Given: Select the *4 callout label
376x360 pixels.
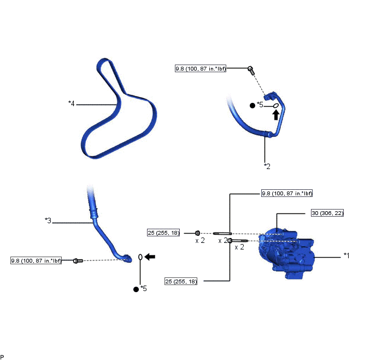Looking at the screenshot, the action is pyautogui.click(x=71, y=103).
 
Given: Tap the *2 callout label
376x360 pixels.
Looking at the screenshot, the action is pyautogui.click(x=267, y=166).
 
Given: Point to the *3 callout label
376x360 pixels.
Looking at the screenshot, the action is pyautogui.click(x=48, y=220).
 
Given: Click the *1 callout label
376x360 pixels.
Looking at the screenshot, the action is pyautogui.click(x=346, y=256).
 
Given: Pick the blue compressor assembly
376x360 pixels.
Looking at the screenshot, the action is pyautogui.click(x=286, y=253).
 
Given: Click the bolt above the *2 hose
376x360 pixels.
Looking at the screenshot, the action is pyautogui.click(x=251, y=71).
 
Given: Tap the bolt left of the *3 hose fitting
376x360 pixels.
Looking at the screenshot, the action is pyautogui.click(x=78, y=260).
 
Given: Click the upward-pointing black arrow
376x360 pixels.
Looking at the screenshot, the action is pyautogui.click(x=276, y=115).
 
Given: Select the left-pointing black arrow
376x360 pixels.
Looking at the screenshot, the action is pyautogui.click(x=150, y=257).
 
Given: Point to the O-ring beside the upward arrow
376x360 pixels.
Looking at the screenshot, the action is pyautogui.click(x=276, y=106).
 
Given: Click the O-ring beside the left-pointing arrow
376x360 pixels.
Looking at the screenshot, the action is pyautogui.click(x=140, y=257).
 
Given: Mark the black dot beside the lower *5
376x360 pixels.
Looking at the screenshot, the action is pyautogui.click(x=136, y=289).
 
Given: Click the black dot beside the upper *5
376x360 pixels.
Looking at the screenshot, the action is pyautogui.click(x=252, y=106).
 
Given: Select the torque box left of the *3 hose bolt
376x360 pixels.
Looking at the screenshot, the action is pyautogui.click(x=36, y=260).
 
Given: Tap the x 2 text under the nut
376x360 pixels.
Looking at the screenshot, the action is pyautogui.click(x=200, y=240).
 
